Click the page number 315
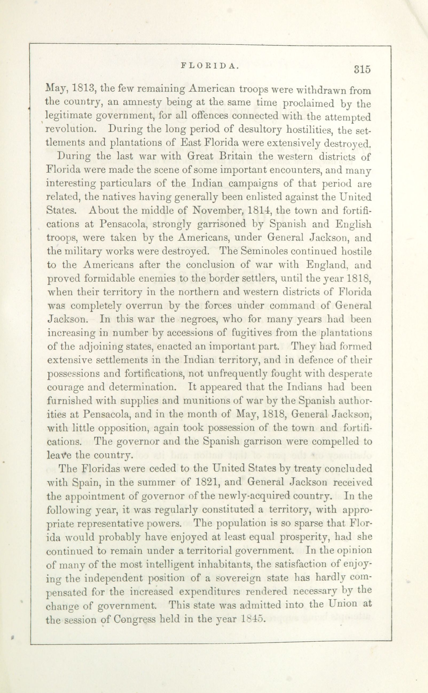[x=362, y=69]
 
